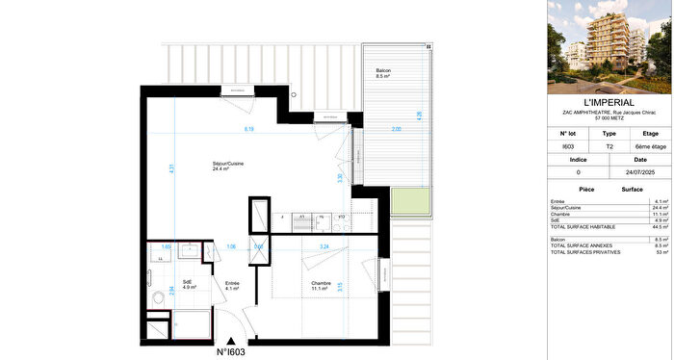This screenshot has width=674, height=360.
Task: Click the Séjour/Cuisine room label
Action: (227, 167)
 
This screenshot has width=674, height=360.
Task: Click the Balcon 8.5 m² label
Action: (383, 75)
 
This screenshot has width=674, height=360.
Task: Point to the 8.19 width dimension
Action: (248, 129)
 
